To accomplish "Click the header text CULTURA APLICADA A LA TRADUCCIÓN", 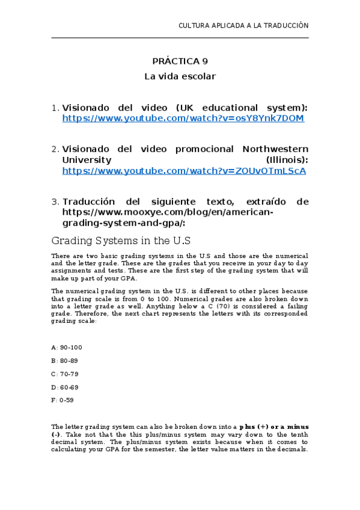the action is point(243,25).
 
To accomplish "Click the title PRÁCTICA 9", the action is point(180,61).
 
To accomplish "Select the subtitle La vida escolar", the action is point(180,76).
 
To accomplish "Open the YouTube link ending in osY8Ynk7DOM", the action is point(183,118).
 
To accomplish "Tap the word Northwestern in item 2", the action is point(275,149).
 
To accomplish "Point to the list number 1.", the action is point(55,108).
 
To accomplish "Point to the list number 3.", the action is point(55,201).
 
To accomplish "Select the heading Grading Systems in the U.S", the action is point(121,241).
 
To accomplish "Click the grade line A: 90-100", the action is point(67,348).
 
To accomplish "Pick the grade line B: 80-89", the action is point(65,361).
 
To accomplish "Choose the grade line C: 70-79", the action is point(65,374).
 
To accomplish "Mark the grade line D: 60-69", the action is point(65,387).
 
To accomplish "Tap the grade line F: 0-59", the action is point(63,401).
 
